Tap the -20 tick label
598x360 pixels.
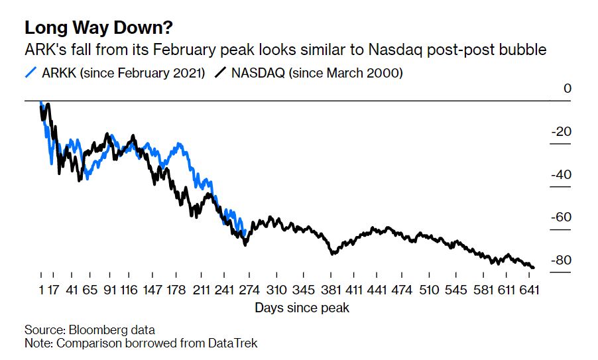[x=561, y=132]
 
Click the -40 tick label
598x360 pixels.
[x=561, y=175]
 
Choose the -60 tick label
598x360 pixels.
[x=561, y=217]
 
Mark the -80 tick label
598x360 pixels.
[x=561, y=261]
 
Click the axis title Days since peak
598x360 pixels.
[x=302, y=308]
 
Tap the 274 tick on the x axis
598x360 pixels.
[x=247, y=290]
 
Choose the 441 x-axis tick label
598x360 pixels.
[x=376, y=290]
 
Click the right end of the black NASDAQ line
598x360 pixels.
[x=534, y=267]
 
